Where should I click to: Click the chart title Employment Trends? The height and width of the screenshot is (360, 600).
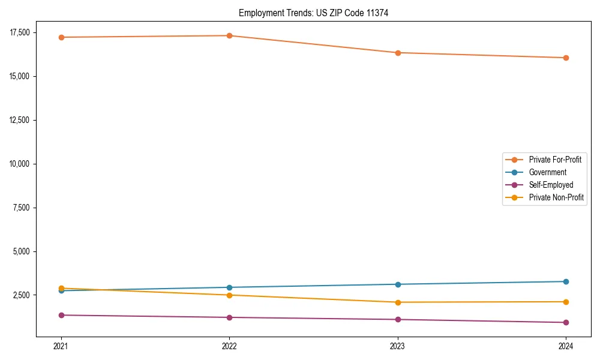pos(313,13)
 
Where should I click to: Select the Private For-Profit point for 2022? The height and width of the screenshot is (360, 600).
pos(229,35)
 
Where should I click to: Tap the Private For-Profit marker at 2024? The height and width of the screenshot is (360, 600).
pos(566,58)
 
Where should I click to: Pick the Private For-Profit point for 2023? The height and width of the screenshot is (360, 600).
pos(398,53)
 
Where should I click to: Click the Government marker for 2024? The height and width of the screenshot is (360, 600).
pos(566,281)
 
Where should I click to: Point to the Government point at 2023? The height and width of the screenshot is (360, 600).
pos(398,284)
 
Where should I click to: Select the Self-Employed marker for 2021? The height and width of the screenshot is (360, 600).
pos(61,315)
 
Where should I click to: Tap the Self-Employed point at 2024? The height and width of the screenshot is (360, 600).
pos(566,322)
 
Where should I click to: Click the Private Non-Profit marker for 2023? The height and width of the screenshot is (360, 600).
pos(398,302)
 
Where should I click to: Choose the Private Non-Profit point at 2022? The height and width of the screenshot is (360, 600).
pos(229,295)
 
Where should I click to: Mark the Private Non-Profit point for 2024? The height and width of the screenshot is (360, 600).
pos(566,302)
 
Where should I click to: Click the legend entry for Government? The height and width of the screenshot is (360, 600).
pos(547,172)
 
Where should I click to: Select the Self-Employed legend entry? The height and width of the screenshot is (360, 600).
pos(551,185)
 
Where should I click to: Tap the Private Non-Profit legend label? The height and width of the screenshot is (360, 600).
pos(556,197)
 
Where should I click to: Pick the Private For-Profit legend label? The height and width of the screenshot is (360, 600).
pos(555,160)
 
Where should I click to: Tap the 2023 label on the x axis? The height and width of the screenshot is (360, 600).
pos(398,346)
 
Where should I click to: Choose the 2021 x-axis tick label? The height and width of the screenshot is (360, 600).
pos(61,346)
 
